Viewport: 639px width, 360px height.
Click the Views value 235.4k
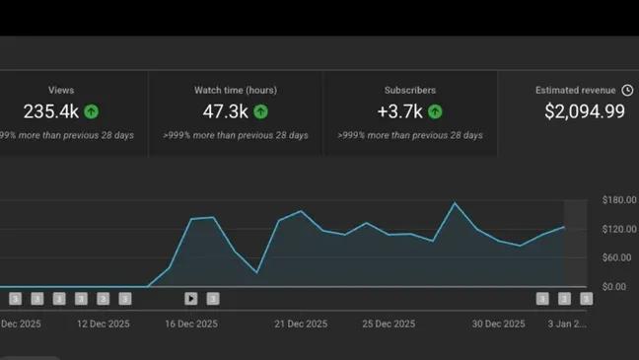coord(50,111)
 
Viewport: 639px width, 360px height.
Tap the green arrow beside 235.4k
coord(92,111)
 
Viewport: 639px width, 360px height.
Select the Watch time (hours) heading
coord(235,90)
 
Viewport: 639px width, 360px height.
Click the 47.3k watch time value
coord(225,111)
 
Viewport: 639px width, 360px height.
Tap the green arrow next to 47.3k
coord(261,111)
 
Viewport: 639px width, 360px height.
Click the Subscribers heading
coord(409,90)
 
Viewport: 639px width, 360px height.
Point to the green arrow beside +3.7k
coord(435,111)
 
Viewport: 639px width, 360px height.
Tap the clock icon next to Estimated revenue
coord(627,90)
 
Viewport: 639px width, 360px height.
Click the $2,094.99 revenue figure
coord(584,111)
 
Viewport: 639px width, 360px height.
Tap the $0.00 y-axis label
coord(613,286)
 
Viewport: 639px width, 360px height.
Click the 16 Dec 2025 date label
coord(191,323)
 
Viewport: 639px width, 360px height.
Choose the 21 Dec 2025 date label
coord(302,323)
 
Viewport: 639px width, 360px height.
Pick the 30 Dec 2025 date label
coord(499,323)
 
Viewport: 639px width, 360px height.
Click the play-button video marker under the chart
coord(191,298)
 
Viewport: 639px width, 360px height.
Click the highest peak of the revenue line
coord(455,203)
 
